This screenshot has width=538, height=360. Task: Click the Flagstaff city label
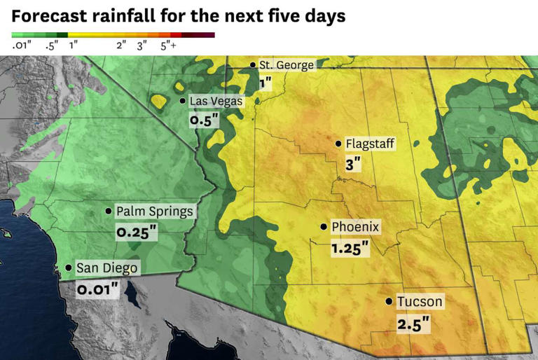tap(371, 144)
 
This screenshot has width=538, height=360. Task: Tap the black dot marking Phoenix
tap(323, 227)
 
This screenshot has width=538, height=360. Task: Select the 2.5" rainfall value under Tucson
tap(413, 324)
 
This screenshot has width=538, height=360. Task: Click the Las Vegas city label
tap(216, 102)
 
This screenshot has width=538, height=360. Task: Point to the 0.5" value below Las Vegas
tap(205, 120)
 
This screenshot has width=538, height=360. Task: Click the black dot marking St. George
tap(253, 65)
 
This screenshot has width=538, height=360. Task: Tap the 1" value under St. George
tap(265, 83)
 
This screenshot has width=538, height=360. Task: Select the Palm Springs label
tap(154, 211)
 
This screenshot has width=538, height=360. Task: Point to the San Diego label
tap(106, 268)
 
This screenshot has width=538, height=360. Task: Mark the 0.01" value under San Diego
tap(97, 289)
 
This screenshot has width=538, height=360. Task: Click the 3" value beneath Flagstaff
tap(353, 165)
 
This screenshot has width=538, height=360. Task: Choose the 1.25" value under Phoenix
tap(350, 248)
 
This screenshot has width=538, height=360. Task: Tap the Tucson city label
tap(420, 302)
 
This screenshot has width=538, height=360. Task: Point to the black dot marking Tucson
tap(389, 302)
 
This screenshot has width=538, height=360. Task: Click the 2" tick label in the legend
tap(120, 46)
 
